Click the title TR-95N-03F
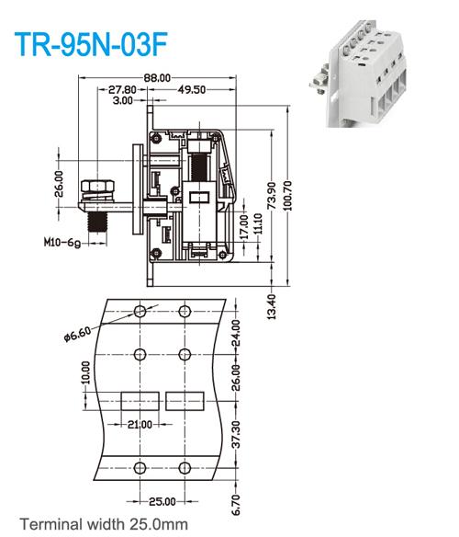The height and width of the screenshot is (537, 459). [90, 45]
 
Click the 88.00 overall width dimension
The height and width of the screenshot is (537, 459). [158, 78]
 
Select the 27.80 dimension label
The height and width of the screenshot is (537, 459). [122, 90]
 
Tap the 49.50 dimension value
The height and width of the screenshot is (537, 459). [191, 90]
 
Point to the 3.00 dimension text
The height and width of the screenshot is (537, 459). [121, 100]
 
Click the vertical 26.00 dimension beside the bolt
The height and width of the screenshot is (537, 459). [60, 183]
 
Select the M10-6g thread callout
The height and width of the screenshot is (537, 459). [63, 245]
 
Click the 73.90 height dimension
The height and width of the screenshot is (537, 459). [272, 196]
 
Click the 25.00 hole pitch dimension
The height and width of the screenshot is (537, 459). [162, 501]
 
